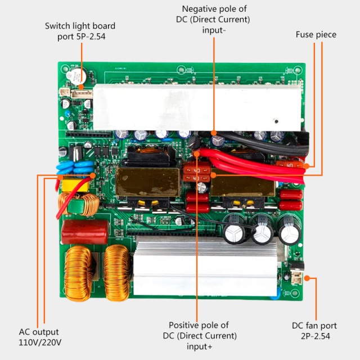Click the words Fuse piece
(x=316, y=35)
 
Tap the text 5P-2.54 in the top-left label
(x=83, y=37)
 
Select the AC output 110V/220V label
(x=39, y=337)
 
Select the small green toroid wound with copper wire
(x=86, y=206)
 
